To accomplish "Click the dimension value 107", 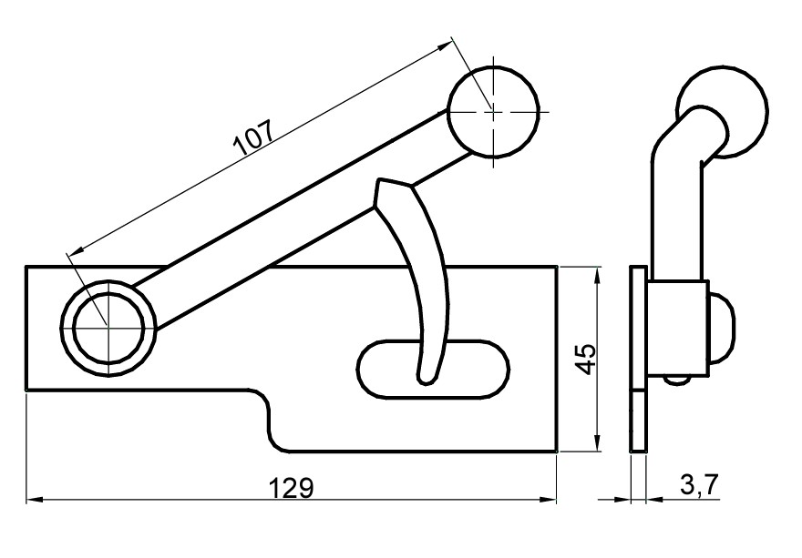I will point(254,137).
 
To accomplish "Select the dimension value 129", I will point(293,488).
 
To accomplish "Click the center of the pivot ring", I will point(108,327).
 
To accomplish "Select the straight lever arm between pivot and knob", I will point(301,218).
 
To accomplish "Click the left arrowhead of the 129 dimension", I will point(31,499).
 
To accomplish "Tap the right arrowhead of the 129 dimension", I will point(550,499).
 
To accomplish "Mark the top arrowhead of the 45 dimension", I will point(597,272).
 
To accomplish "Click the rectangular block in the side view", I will point(677,328).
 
